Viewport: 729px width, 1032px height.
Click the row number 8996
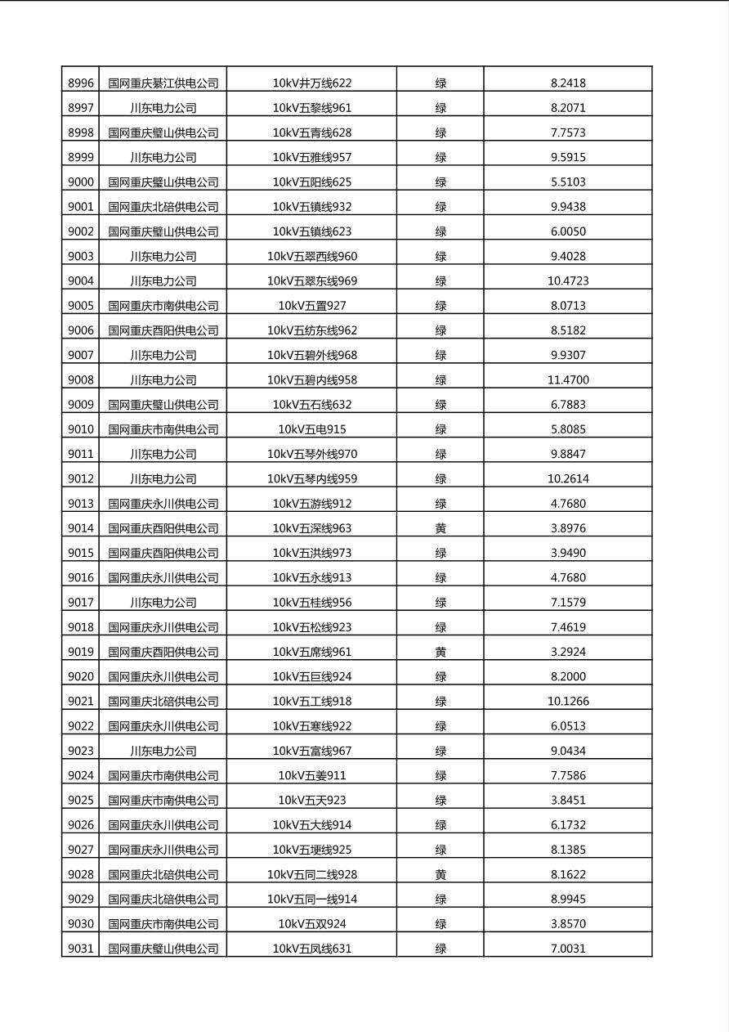pos(81,83)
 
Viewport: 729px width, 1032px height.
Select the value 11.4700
pos(568,379)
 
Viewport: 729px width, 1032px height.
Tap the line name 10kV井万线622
pos(312,83)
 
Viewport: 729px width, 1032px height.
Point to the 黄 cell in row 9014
pos(441,528)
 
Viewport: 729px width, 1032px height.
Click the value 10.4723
pos(568,280)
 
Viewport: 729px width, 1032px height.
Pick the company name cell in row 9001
pos(163,206)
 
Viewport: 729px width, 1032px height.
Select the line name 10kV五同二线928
pos(312,874)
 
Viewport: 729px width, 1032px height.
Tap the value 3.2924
pos(568,652)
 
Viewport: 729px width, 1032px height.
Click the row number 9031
pos(81,949)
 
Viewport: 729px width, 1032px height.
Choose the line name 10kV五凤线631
pos(312,949)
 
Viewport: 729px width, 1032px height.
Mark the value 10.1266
pos(568,701)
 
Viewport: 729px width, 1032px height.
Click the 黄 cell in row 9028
pos(441,874)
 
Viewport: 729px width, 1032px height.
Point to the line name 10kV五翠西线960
pos(312,256)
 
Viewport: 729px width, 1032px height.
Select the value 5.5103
pos(568,182)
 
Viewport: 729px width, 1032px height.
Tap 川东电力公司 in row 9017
pos(163,602)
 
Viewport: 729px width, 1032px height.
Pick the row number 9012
pos(81,478)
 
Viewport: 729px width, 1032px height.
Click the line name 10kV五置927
pos(312,305)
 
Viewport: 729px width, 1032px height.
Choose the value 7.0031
pos(568,949)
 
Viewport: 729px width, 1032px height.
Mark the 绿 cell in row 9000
pos(441,182)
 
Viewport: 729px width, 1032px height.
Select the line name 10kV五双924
pos(312,924)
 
